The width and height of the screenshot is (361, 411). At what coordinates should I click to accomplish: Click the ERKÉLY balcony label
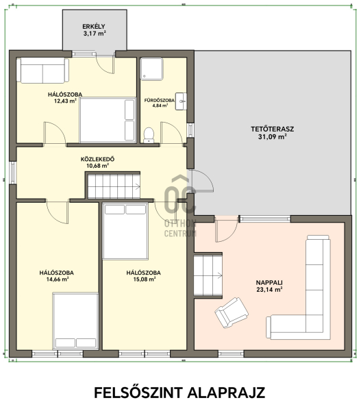pos(94,27)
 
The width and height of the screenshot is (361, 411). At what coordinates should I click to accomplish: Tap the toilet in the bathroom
pos(149,135)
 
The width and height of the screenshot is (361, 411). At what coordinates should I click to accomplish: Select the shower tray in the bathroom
pos(152,69)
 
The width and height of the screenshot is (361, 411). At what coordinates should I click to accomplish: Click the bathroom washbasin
pos(181,101)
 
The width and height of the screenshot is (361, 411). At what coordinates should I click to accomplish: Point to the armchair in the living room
pos(232,312)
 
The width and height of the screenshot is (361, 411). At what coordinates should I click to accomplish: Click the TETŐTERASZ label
pos(273,129)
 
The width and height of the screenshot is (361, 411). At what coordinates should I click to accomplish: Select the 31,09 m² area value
pos(273,136)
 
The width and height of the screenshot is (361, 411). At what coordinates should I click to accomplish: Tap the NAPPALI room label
pos(269,282)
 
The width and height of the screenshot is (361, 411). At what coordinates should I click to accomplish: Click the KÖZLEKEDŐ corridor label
pos(97,159)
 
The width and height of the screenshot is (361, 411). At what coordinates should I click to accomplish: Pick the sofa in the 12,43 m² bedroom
pos(42,71)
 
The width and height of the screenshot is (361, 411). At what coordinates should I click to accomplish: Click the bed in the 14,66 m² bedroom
pos(75,321)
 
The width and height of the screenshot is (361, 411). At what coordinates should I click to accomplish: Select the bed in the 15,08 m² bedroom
pos(125,232)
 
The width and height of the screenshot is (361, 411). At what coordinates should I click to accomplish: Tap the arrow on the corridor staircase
pos(138,186)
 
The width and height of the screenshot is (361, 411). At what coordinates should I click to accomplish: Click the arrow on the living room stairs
pos(220,275)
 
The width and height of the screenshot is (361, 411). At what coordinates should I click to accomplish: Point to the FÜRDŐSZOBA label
pos(160,101)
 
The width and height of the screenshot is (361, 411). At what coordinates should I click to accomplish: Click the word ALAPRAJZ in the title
pos(226,393)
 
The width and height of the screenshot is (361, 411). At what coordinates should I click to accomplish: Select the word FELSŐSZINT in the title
pos(138,392)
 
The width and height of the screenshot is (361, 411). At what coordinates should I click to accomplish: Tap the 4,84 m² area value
pos(160,105)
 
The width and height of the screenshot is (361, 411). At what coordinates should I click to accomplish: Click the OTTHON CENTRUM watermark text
pos(180,228)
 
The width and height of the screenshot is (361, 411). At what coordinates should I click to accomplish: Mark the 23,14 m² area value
pos(269,290)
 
